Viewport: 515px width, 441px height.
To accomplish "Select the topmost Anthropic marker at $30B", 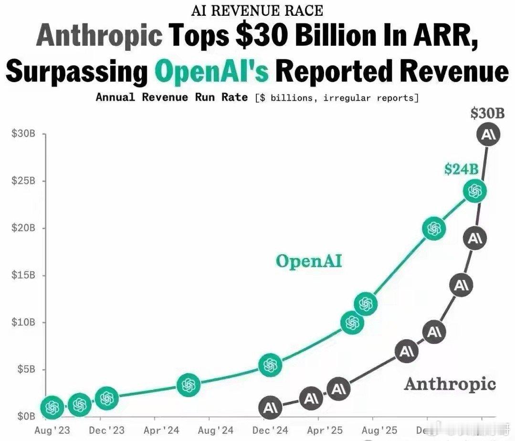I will pos(489,135).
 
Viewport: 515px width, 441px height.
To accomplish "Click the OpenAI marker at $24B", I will pos(474,191).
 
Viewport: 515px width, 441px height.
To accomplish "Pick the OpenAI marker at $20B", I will pos(434,229).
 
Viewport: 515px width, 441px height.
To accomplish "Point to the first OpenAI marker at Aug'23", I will pos(53,407).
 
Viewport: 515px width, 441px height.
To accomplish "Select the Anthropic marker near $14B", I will pos(461,285).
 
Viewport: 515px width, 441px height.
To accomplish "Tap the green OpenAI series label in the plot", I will pos(309,261).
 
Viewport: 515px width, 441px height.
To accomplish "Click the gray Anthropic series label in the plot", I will pos(450,384).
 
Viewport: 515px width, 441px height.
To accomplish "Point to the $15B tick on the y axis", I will pos(23,275).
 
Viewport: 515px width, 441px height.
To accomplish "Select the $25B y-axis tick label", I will pos(23,181).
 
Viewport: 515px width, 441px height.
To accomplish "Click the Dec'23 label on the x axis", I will pos(106,430).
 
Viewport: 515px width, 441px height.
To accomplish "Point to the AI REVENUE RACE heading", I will pos(257,10).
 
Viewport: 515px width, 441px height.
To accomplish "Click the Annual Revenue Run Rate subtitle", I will pos(172,97).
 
